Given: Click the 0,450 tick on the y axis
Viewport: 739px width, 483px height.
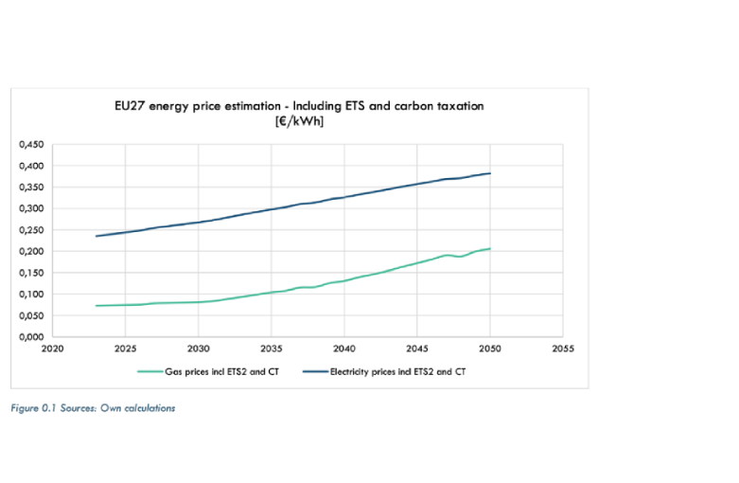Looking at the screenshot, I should [32, 145].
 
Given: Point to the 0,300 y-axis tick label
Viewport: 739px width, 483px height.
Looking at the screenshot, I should [32, 208].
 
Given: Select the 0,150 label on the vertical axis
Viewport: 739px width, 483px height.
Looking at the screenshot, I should [32, 273].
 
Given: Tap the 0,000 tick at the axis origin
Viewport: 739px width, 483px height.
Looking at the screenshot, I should [32, 336].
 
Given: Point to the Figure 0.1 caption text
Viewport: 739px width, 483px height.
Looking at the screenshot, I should [93, 408].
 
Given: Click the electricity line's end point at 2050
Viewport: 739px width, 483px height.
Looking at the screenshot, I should [489, 173].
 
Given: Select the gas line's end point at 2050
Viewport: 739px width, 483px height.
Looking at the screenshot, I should [489, 249].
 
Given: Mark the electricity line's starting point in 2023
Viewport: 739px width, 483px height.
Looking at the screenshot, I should [97, 236].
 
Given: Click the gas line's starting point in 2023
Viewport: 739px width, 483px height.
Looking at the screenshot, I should [97, 305].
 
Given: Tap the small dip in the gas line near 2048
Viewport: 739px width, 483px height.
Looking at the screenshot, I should [460, 257].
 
